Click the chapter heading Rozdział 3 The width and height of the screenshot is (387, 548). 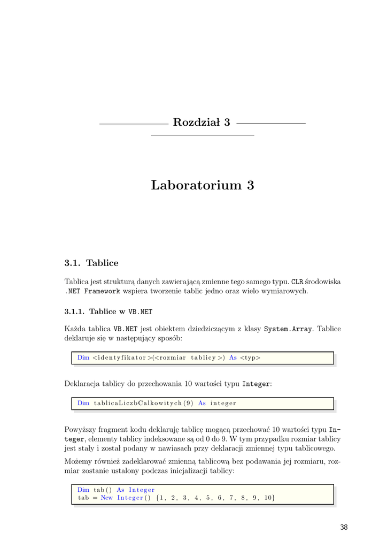202,123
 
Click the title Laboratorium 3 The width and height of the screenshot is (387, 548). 202,185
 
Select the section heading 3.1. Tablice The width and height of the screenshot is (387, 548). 91,263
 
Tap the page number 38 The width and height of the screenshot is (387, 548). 344,527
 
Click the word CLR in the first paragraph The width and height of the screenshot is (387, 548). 297,281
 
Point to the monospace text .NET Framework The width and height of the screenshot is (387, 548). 92,291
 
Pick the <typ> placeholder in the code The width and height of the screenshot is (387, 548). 250,358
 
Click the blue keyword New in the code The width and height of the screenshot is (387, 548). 106,498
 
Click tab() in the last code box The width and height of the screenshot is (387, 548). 103,490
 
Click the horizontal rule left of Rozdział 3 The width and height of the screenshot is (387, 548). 134,124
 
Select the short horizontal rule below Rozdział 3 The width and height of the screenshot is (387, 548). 203,135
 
